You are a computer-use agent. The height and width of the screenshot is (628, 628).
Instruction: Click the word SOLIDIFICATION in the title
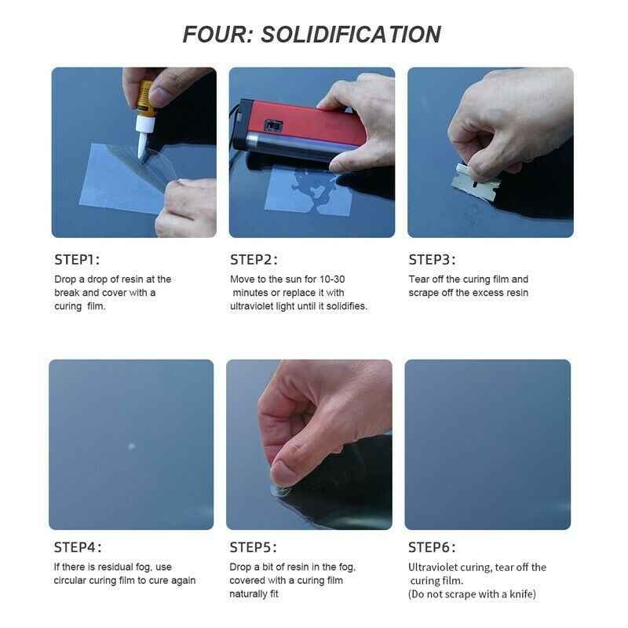click(x=351, y=35)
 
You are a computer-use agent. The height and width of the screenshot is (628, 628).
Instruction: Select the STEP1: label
click(x=77, y=260)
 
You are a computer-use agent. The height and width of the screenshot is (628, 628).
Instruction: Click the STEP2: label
click(x=254, y=260)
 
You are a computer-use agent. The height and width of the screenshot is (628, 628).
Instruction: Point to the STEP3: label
click(x=432, y=260)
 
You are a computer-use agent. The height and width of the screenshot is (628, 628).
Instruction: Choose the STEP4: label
click(x=78, y=547)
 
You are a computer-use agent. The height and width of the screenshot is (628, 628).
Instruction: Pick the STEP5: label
click(x=253, y=547)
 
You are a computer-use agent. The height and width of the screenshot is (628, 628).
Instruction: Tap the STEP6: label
click(x=432, y=547)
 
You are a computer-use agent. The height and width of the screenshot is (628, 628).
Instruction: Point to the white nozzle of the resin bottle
click(x=144, y=138)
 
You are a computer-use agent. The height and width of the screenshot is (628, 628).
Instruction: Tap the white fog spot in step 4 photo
click(x=131, y=446)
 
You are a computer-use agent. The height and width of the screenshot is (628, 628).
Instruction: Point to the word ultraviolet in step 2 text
click(x=251, y=306)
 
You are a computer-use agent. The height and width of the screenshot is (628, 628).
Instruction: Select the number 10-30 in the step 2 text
click(x=332, y=279)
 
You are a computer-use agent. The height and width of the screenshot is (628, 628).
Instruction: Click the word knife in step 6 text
click(x=521, y=594)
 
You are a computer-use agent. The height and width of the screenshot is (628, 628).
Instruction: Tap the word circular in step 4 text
click(x=70, y=580)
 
